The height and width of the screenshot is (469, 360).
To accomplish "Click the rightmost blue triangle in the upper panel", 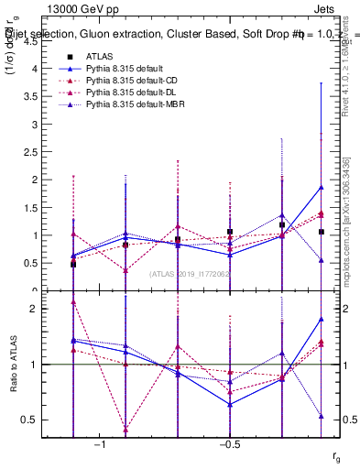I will pos(321,188).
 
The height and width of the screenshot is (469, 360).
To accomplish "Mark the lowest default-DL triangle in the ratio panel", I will pos(125,430).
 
